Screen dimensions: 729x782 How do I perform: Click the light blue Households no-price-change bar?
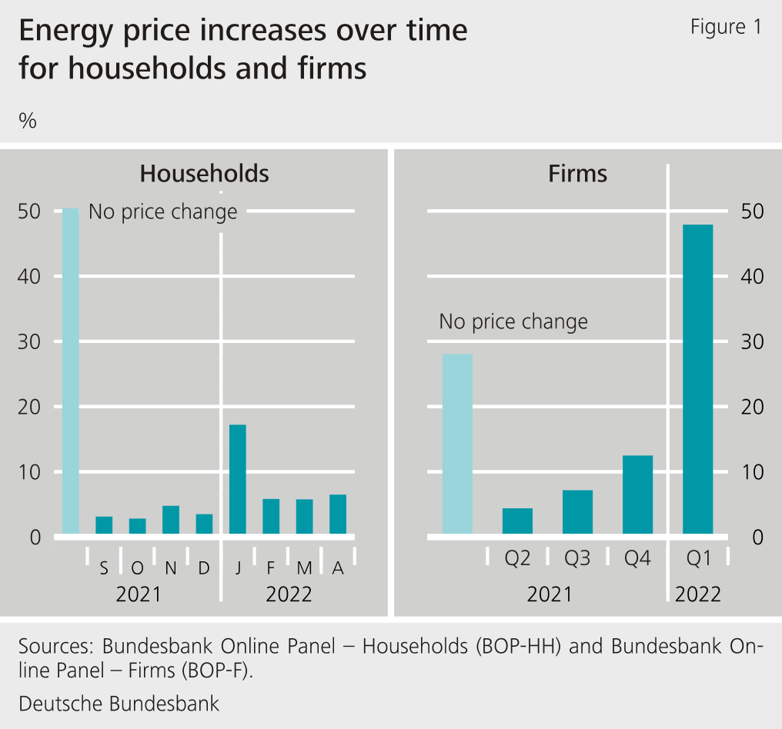coord(71,371)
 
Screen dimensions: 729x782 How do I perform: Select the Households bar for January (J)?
coord(238,479)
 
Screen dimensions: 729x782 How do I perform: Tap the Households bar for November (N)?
coord(171,520)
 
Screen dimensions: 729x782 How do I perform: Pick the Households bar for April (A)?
coord(338,514)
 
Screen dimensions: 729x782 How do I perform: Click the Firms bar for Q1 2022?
coord(698,379)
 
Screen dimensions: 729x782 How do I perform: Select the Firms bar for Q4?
coord(637,494)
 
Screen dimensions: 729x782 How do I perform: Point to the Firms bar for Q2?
coord(517,521)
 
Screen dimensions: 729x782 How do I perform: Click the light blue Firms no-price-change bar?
coord(457,444)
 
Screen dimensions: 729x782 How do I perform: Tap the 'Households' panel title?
coord(204,174)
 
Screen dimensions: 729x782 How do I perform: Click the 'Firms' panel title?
coord(577,174)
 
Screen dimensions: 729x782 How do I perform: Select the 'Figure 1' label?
coord(726,28)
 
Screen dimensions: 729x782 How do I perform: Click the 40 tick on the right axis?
coord(751,277)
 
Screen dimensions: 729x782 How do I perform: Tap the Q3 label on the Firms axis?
coord(577,559)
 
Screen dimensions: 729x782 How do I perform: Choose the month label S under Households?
coord(104,569)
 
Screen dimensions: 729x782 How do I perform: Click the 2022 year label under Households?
coord(289,594)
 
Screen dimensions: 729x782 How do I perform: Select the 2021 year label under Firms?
coord(550,594)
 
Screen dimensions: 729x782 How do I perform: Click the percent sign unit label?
coord(28,121)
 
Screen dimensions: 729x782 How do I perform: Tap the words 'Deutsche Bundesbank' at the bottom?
coord(119,704)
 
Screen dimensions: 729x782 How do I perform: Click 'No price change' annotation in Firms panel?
coord(513,321)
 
